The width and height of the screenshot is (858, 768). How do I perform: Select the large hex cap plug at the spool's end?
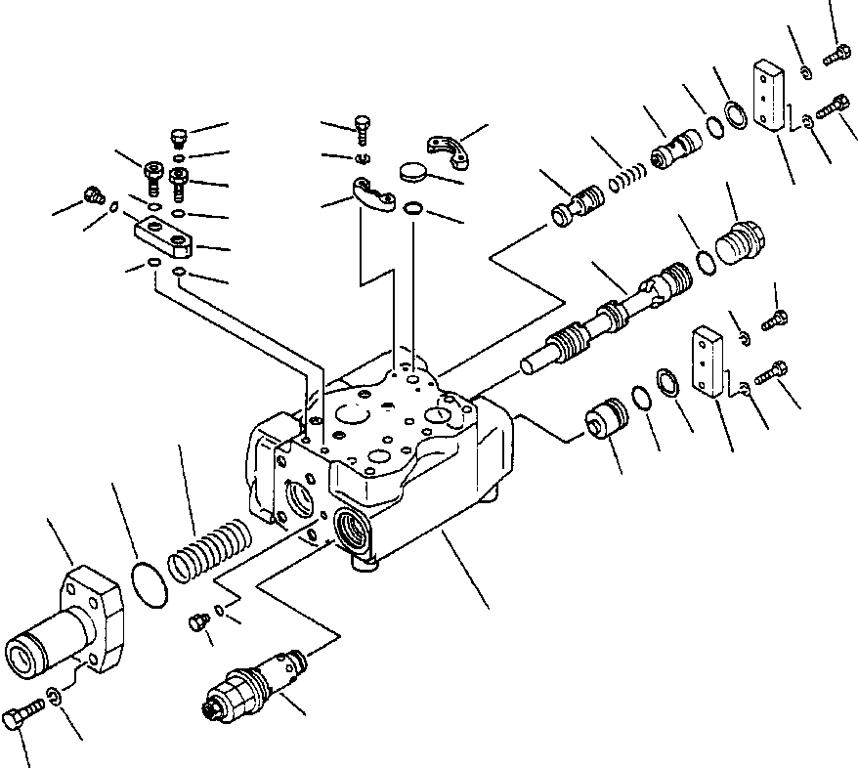(741, 242)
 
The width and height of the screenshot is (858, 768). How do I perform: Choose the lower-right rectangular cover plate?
(709, 360)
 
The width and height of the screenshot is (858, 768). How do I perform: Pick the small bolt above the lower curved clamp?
(363, 126)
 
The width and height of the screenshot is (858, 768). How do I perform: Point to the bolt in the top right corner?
(836, 56)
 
